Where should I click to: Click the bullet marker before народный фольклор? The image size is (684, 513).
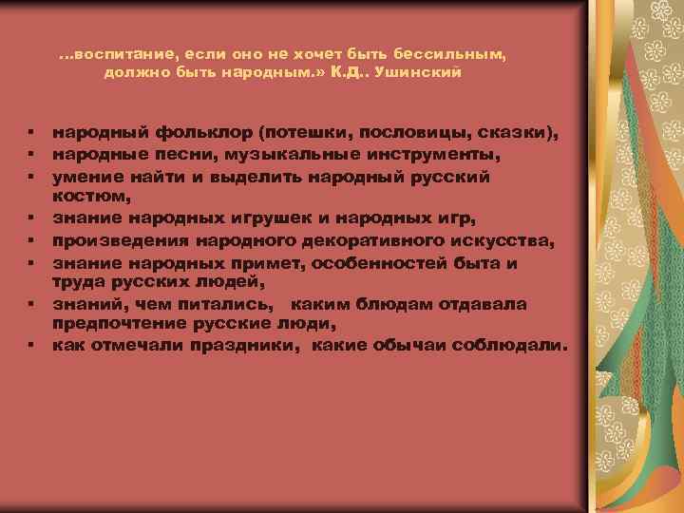[32, 131]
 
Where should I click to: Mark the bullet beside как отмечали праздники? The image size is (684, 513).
[32, 348]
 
